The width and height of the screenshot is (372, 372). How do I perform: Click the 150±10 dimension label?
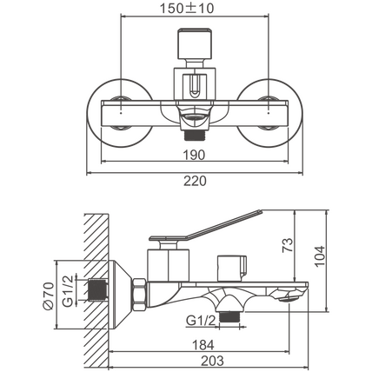(x=187, y=8)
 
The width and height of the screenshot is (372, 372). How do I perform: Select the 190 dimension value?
(x=194, y=155)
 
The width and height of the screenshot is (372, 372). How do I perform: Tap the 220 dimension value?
(x=195, y=181)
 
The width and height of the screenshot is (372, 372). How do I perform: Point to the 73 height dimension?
(x=288, y=245)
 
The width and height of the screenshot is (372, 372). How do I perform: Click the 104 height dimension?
(x=320, y=256)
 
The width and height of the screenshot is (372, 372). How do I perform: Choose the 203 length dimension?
(x=212, y=361)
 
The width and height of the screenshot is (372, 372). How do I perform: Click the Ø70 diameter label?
(x=48, y=296)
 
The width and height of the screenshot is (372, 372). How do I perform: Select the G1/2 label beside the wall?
(x=68, y=291)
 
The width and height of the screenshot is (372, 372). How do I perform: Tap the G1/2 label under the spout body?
(x=202, y=321)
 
